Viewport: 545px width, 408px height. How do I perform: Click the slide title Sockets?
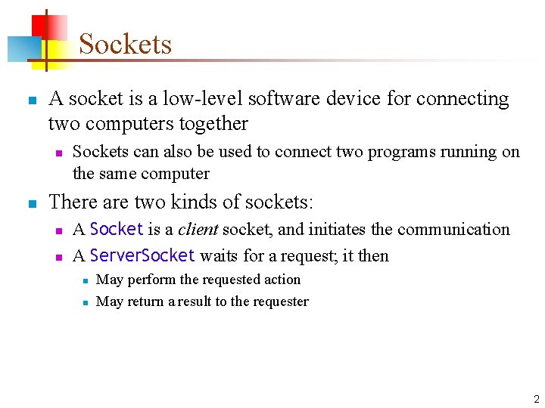tap(125, 44)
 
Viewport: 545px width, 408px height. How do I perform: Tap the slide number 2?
tap(536, 400)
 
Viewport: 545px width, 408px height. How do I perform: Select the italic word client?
tap(198, 230)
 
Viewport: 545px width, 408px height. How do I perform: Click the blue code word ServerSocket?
tap(142, 255)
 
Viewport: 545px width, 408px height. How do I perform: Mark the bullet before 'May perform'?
tap(86, 280)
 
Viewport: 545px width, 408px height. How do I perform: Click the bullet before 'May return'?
tap(86, 302)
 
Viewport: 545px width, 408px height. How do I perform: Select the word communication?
tap(453, 230)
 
